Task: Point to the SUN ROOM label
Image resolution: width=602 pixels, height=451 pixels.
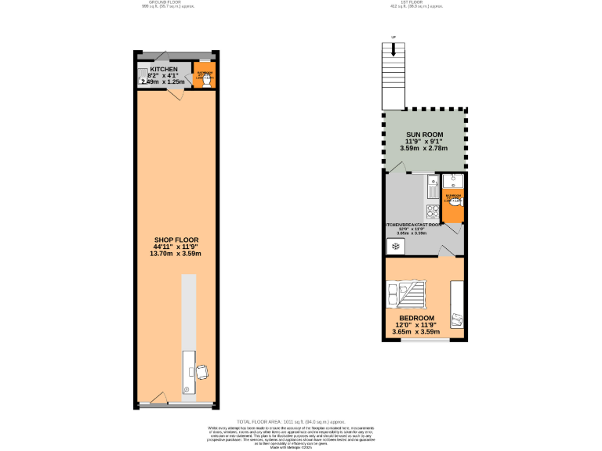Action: coord(424,135)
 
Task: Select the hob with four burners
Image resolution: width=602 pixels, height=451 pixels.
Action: coord(432,211)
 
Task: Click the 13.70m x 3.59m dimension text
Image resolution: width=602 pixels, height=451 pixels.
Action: coord(177,254)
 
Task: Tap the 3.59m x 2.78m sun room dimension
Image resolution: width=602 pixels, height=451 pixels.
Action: coord(424,148)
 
